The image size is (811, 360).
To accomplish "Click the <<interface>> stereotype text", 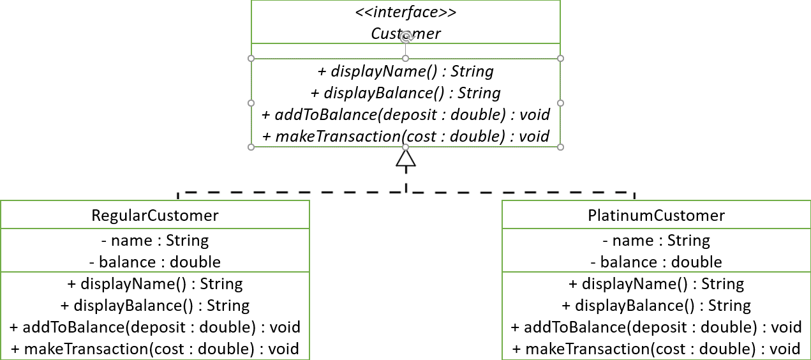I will pyautogui.click(x=406, y=12).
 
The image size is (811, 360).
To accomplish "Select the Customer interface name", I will pyautogui.click(x=406, y=33).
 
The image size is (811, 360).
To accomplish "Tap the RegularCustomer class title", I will pyautogui.click(x=155, y=215).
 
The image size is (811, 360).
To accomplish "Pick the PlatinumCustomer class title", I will pyautogui.click(x=656, y=215).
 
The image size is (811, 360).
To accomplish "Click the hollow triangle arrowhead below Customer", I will pyautogui.click(x=406, y=157).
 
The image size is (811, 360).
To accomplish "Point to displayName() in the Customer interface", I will pyautogui.click(x=406, y=71).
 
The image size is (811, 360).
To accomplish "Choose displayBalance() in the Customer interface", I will pyautogui.click(x=406, y=93).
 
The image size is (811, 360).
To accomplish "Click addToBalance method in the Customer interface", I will pyautogui.click(x=406, y=114).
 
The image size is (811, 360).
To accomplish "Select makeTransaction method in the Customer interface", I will pyautogui.click(x=406, y=135).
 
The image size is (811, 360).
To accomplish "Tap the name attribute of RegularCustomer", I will pyautogui.click(x=155, y=241).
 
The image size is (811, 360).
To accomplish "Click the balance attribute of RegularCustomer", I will pyautogui.click(x=155, y=262).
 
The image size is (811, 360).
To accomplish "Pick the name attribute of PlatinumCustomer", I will pyautogui.click(x=656, y=241).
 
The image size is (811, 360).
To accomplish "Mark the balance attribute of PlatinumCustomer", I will pyautogui.click(x=656, y=262).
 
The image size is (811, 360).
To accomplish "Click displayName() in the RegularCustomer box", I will pyautogui.click(x=155, y=283).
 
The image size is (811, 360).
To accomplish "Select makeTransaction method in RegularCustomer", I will pyautogui.click(x=155, y=349).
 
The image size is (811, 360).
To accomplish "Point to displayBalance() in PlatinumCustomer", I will pyautogui.click(x=656, y=305).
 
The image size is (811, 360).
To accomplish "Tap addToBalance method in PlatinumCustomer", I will pyautogui.click(x=656, y=327).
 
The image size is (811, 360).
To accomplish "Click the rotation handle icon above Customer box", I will pyautogui.click(x=406, y=38).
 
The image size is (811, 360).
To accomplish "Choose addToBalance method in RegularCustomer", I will pyautogui.click(x=155, y=327).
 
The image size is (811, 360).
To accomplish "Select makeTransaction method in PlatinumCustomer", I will pyautogui.click(x=656, y=349).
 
